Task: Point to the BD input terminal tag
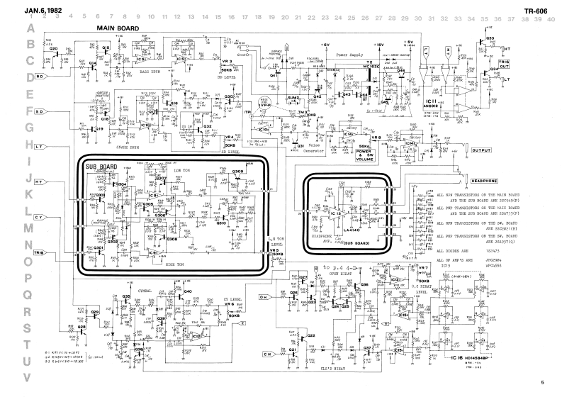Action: tap(40, 76)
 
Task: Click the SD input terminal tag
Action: tap(40, 111)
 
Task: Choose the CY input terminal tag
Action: tap(40, 216)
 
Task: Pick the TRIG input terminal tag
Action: tap(40, 252)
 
